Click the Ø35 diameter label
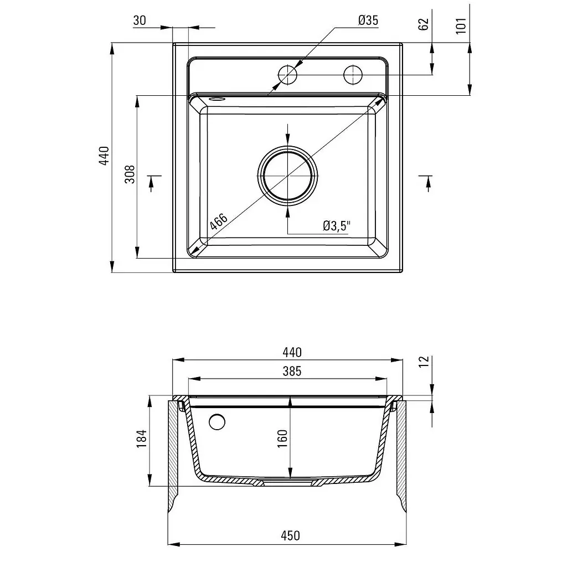[x=368, y=20]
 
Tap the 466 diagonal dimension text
[x=219, y=221]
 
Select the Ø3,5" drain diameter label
[x=337, y=226]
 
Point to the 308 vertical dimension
[x=130, y=174]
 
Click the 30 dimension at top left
[x=140, y=20]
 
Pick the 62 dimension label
[x=424, y=24]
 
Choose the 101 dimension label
[x=461, y=25]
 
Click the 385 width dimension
[x=292, y=371]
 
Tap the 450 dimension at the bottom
[x=290, y=535]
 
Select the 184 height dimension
[x=141, y=439]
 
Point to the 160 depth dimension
[x=282, y=439]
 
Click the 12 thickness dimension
[x=424, y=362]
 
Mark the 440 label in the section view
[x=292, y=352]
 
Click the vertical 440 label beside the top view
[x=104, y=156]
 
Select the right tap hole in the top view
[x=353, y=75]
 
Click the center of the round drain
[x=288, y=176]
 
